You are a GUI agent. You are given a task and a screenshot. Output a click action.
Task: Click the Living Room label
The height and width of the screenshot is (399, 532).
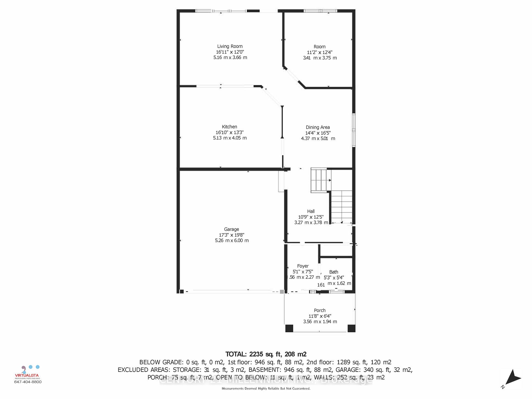(230, 47)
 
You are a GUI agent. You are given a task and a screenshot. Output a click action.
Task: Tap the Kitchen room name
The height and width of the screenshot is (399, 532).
(229, 127)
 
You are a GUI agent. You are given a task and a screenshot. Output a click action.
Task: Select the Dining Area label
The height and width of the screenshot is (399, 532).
(318, 127)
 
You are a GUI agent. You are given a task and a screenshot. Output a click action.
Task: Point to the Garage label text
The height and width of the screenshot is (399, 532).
(231, 229)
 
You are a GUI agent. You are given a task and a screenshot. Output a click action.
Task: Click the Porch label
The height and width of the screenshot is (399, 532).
(320, 311)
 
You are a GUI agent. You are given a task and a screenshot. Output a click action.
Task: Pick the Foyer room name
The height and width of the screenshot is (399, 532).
(303, 266)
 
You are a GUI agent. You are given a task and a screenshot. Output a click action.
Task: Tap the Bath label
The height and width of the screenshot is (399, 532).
(334, 272)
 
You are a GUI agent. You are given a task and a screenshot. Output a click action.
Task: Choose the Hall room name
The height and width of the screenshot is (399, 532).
(311, 211)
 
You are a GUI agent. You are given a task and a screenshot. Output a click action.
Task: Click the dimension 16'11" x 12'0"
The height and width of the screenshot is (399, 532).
(230, 52)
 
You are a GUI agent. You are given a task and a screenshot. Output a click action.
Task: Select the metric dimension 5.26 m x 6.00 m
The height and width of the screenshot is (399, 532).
(232, 241)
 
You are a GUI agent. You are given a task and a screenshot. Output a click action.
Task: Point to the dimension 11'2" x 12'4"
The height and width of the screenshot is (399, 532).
(319, 52)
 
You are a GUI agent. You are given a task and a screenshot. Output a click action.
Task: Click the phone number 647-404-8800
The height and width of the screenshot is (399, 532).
(28, 382)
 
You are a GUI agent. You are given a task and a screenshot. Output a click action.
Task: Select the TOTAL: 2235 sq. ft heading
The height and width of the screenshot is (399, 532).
(266, 354)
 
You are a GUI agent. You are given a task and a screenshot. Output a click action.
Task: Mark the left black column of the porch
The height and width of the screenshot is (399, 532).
(289, 328)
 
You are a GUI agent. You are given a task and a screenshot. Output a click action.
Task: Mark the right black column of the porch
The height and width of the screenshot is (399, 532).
(351, 328)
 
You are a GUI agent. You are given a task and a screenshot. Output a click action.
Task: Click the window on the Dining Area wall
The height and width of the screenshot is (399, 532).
(354, 130)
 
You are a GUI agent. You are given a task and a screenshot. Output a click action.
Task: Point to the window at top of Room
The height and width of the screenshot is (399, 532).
(321, 11)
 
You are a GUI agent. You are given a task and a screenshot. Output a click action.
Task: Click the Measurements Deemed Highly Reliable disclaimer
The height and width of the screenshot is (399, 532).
(266, 388)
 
